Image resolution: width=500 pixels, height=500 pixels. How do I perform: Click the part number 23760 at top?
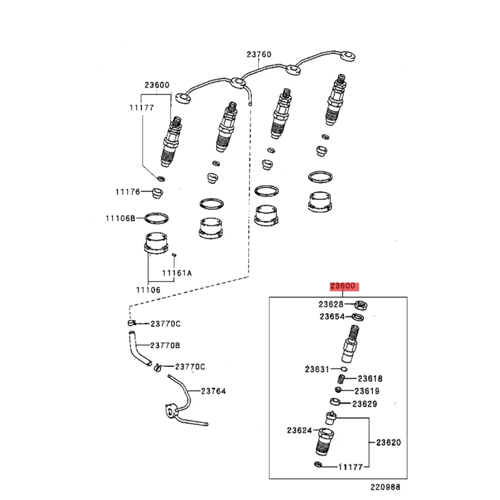click(259, 55)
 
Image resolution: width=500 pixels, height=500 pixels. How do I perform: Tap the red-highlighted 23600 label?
click(343, 287)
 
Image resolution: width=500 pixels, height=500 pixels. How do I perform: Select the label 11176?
click(127, 192)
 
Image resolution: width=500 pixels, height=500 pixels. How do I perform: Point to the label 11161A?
click(177, 273)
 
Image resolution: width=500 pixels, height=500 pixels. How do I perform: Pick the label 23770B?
click(164, 345)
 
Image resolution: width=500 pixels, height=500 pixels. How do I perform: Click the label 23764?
click(213, 391)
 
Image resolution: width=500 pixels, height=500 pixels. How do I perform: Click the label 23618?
click(371, 379)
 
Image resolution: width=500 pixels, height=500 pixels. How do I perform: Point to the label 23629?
click(364, 404)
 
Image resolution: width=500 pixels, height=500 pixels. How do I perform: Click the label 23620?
click(388, 442)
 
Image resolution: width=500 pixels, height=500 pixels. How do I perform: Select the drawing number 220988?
click(384, 487)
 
